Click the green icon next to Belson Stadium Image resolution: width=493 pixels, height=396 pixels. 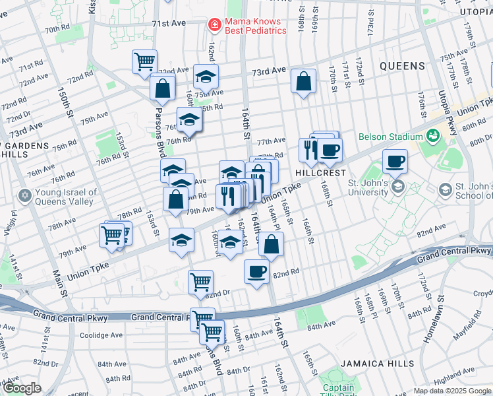433,137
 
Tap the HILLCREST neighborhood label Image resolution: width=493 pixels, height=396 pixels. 320,172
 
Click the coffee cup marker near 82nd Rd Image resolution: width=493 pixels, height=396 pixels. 256,271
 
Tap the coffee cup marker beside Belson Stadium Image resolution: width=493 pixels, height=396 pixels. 395,160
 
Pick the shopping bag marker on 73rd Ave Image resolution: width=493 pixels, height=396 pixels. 303,82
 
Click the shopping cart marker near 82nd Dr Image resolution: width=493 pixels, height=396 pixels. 200,282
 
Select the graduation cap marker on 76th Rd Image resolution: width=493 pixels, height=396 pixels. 189,119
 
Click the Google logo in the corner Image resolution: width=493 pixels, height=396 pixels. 22,389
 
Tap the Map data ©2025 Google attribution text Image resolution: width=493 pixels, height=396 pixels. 452,391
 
